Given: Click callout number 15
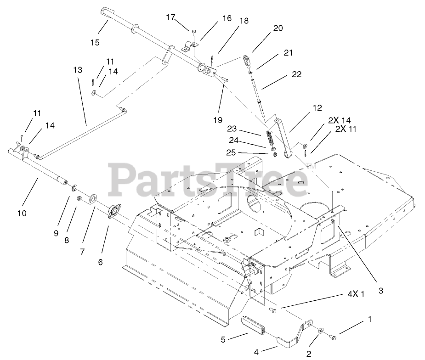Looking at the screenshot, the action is [x=95, y=43].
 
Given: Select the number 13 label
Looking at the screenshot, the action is [x=77, y=70].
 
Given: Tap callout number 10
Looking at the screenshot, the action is [x=22, y=213].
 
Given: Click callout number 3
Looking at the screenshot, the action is [x=380, y=291].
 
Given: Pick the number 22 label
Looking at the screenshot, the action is [x=296, y=74].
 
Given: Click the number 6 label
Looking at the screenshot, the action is [x=101, y=262].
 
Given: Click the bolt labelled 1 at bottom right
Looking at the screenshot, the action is [x=333, y=338].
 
